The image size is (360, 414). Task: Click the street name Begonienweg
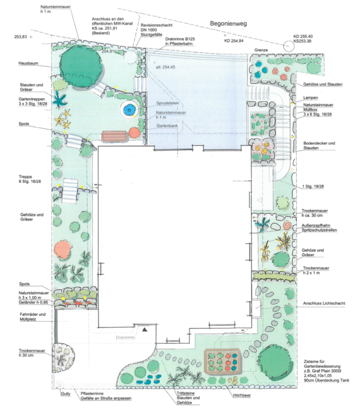[228, 23]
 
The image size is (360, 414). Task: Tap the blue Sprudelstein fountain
[129, 109]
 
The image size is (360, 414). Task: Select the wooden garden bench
[114, 136]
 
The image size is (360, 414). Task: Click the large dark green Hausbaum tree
[81, 66]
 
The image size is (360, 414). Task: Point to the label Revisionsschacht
[157, 25]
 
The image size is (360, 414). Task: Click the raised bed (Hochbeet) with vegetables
[223, 361]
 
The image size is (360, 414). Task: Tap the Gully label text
[66, 394]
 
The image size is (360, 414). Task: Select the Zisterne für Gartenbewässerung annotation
[326, 371]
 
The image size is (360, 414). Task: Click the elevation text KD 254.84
[234, 41]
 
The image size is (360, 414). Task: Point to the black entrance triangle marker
[145, 330]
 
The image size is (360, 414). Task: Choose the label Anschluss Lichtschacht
[324, 303]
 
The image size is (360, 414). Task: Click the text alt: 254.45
[165, 67]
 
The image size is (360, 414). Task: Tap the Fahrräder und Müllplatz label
[33, 316]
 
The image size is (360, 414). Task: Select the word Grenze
[261, 50]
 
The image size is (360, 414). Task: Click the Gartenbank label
[167, 126]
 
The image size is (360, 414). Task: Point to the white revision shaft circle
[130, 57]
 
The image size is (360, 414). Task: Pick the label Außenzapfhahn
[315, 226]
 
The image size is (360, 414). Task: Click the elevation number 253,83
[21, 37]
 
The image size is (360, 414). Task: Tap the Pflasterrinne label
[92, 393]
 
